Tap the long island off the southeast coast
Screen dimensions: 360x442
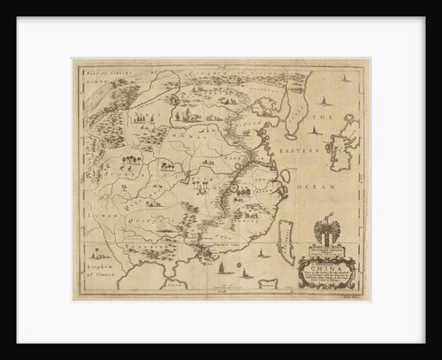click(x=285, y=235)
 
